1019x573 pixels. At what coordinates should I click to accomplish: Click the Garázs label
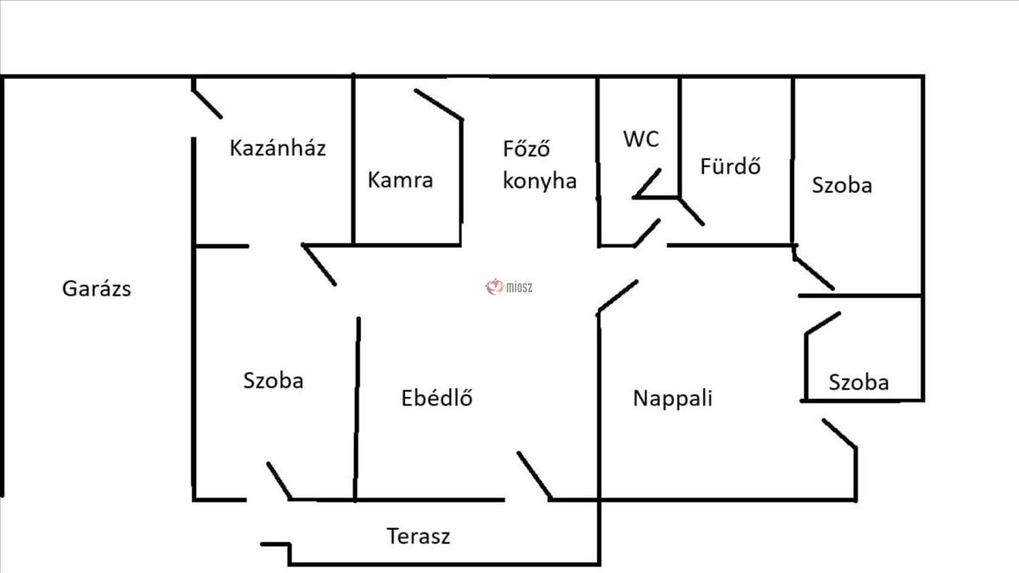point(97,289)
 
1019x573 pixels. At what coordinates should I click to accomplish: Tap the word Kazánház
point(278,149)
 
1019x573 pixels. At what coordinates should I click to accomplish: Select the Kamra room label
point(400,180)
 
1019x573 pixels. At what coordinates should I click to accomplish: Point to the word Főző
point(527,149)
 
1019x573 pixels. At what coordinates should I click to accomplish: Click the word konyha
point(539,181)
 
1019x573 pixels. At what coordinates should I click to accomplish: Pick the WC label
point(640,140)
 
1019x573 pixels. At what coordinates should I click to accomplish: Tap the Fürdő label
point(729,166)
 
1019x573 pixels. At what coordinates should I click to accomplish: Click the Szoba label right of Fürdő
point(841,185)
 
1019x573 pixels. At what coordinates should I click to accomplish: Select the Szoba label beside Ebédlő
point(273,380)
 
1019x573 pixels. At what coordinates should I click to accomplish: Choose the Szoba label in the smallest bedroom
point(859,383)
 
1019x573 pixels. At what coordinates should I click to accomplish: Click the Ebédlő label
point(436,397)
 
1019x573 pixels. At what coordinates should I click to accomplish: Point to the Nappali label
point(673,398)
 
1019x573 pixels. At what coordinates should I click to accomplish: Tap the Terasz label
point(418,536)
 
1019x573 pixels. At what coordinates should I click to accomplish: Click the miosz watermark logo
point(508,288)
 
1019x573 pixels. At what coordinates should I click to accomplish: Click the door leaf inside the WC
point(647,183)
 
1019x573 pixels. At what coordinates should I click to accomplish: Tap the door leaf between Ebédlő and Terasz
point(534,475)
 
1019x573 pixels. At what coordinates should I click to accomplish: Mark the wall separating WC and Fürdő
point(679,136)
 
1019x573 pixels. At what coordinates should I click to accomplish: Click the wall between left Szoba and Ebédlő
point(357,407)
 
